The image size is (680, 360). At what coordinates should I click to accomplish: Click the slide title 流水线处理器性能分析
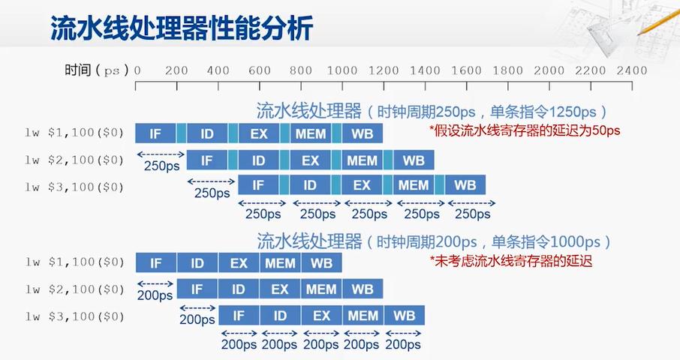(x=182, y=28)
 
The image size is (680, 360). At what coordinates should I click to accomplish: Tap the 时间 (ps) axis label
(x=97, y=70)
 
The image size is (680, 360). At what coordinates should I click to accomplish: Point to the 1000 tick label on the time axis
(x=342, y=70)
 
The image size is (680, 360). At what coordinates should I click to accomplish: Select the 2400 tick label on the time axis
(x=632, y=70)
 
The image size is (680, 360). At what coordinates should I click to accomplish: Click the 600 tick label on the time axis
(x=260, y=70)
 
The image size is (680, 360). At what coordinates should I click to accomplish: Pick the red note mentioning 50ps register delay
(x=525, y=130)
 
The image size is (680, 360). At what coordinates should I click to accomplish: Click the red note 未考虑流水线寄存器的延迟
(x=511, y=261)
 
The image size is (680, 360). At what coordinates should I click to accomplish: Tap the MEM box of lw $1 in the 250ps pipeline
(x=311, y=133)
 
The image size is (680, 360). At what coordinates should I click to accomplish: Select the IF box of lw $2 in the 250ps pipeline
(x=206, y=160)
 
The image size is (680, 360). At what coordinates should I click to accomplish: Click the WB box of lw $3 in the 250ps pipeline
(x=465, y=185)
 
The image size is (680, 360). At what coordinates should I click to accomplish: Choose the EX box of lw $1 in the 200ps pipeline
(x=239, y=263)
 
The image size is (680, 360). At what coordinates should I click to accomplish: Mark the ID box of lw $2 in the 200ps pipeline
(x=238, y=289)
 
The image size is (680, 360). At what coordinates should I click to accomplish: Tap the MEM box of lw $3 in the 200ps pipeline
(x=363, y=316)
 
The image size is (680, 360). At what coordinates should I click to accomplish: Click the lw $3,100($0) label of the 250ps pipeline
(x=74, y=187)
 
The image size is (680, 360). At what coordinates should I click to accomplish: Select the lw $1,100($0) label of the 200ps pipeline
(x=74, y=262)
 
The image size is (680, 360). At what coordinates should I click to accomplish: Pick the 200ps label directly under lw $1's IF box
(x=155, y=295)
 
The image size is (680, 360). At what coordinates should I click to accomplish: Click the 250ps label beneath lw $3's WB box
(x=473, y=214)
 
